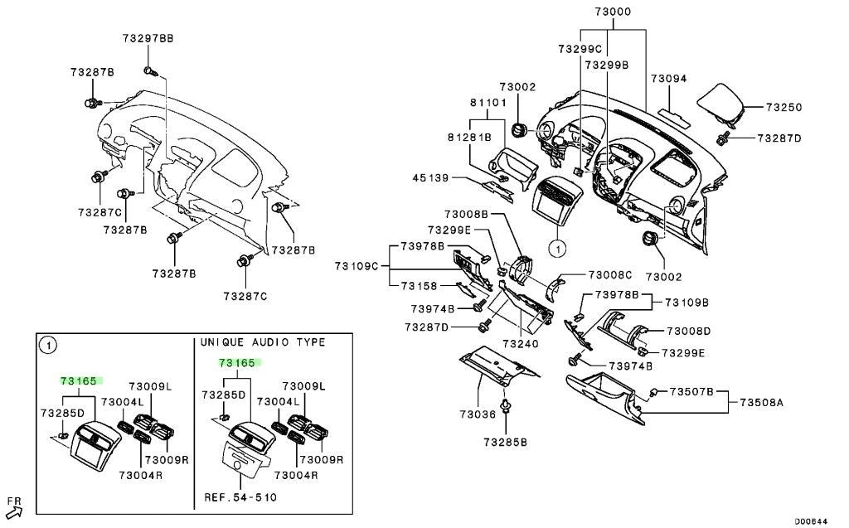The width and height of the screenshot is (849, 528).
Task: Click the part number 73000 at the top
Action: point(613,12)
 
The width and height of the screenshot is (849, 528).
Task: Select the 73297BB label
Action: point(148,38)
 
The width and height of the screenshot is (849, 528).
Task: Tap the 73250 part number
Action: point(784,107)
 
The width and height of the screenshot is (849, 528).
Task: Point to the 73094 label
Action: point(669,79)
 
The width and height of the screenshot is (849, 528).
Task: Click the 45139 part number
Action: point(430,177)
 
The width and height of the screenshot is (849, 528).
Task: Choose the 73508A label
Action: point(761,402)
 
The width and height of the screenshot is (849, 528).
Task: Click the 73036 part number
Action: point(478,414)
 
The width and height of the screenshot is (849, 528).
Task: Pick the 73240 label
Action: point(521,344)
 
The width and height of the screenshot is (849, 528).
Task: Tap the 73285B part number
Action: point(505,443)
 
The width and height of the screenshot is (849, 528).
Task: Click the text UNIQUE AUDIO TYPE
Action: point(263,342)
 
